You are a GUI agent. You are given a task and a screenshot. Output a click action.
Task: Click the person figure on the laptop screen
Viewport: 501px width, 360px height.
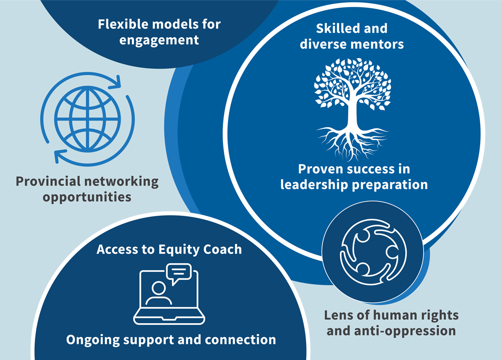pyautogui.click(x=158, y=293)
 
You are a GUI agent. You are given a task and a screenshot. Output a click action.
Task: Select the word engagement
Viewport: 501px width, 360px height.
pyautogui.click(x=159, y=40)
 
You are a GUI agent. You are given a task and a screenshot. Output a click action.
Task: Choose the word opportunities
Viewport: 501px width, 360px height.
pyautogui.click(x=87, y=197)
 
